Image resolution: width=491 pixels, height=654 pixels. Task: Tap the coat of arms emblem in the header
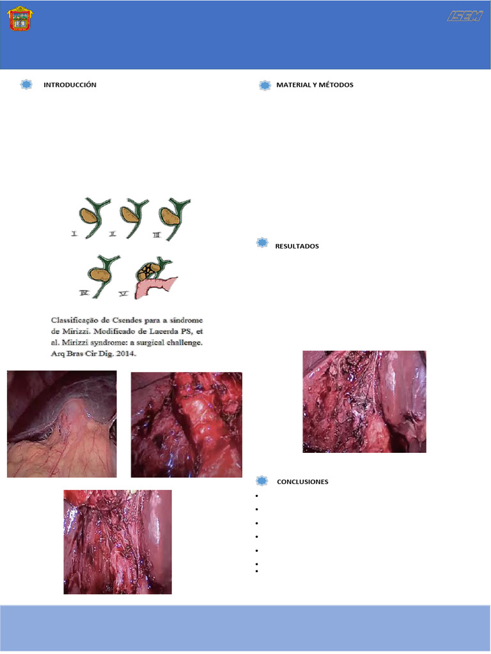coord(20,19)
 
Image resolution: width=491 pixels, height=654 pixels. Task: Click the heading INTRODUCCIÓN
coord(70,85)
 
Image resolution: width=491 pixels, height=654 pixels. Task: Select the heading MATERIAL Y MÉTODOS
coord(315,85)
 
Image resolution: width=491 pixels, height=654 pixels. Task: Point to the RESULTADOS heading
coord(297,246)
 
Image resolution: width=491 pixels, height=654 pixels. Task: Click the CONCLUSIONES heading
coord(302,482)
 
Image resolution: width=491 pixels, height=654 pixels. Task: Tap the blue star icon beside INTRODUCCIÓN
coord(26,85)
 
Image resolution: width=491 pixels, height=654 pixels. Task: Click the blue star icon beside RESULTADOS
coord(261,243)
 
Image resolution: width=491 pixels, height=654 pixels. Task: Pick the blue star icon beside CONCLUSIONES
coord(261,481)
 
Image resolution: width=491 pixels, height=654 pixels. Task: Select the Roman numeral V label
coord(123,294)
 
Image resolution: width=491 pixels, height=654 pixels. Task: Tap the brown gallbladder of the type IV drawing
coord(100,275)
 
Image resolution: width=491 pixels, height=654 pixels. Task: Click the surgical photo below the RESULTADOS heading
coord(364,401)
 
